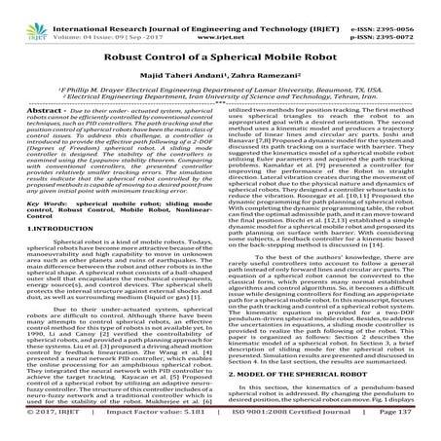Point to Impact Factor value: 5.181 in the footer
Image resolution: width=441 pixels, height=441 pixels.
(146, 430)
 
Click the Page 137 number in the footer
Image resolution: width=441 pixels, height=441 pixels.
(405, 430)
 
